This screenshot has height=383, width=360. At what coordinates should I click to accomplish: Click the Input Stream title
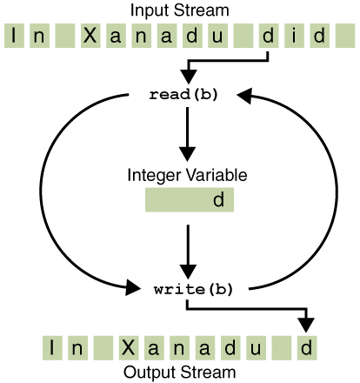pyautogui.click(x=180, y=11)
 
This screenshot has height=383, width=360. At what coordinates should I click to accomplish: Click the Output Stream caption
pyautogui.click(x=180, y=373)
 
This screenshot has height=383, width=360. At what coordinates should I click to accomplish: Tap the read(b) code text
pyautogui.click(x=183, y=95)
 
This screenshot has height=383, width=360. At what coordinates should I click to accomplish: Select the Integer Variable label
pyautogui.click(x=187, y=175)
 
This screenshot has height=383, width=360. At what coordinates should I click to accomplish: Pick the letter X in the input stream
pyautogui.click(x=89, y=37)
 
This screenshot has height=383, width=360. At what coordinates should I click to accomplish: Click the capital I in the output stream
pyautogui.click(x=54, y=348)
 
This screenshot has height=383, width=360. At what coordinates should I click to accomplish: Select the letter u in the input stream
pyautogui.click(x=228, y=37)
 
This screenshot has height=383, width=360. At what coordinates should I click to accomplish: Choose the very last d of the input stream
pyautogui.click(x=321, y=37)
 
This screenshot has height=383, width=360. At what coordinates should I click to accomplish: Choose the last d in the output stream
pyautogui.click(x=304, y=348)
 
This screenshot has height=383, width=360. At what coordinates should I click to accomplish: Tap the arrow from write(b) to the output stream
pyautogui.click(x=287, y=309)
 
